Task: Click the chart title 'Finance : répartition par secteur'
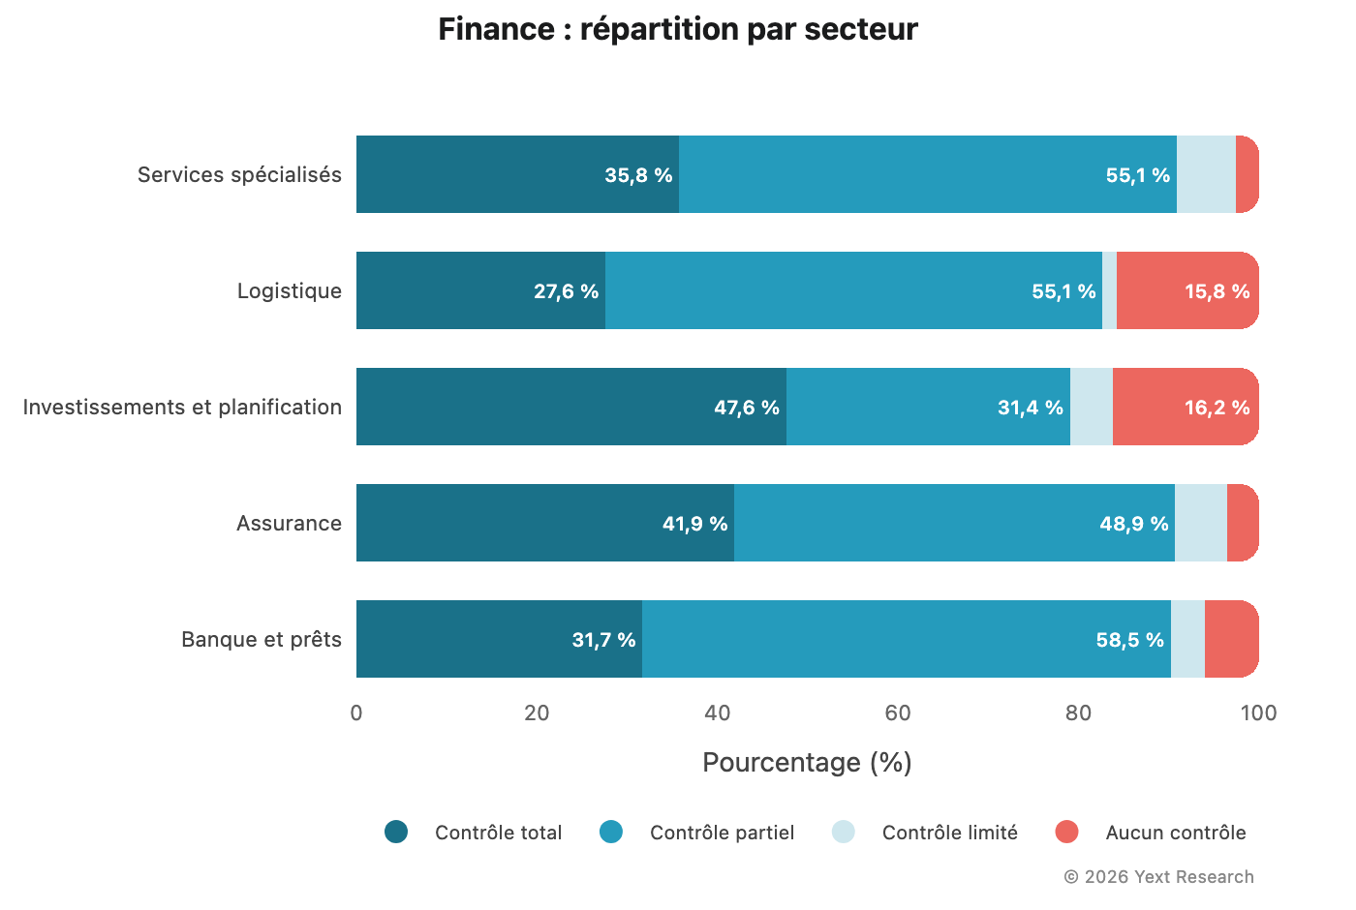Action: click(677, 29)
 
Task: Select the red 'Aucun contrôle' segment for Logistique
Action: click(1186, 290)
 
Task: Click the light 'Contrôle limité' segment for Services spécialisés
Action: click(1206, 174)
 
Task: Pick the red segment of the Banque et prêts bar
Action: click(1231, 639)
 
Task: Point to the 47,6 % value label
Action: click(746, 408)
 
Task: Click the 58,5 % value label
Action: click(1129, 640)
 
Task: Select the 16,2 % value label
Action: click(1217, 408)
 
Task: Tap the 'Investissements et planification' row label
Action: click(182, 407)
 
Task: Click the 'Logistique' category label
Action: click(289, 290)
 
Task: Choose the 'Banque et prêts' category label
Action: click(262, 639)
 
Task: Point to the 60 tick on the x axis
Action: click(898, 713)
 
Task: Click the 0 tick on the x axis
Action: click(356, 713)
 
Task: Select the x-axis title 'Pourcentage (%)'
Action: click(807, 763)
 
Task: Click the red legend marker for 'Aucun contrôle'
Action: click(1066, 832)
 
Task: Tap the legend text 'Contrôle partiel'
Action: click(722, 833)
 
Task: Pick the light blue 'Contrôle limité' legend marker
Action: click(844, 832)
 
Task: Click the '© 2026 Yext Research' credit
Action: click(1158, 877)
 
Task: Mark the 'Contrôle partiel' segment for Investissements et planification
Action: click(928, 407)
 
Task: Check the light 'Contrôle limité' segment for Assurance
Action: click(1200, 523)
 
